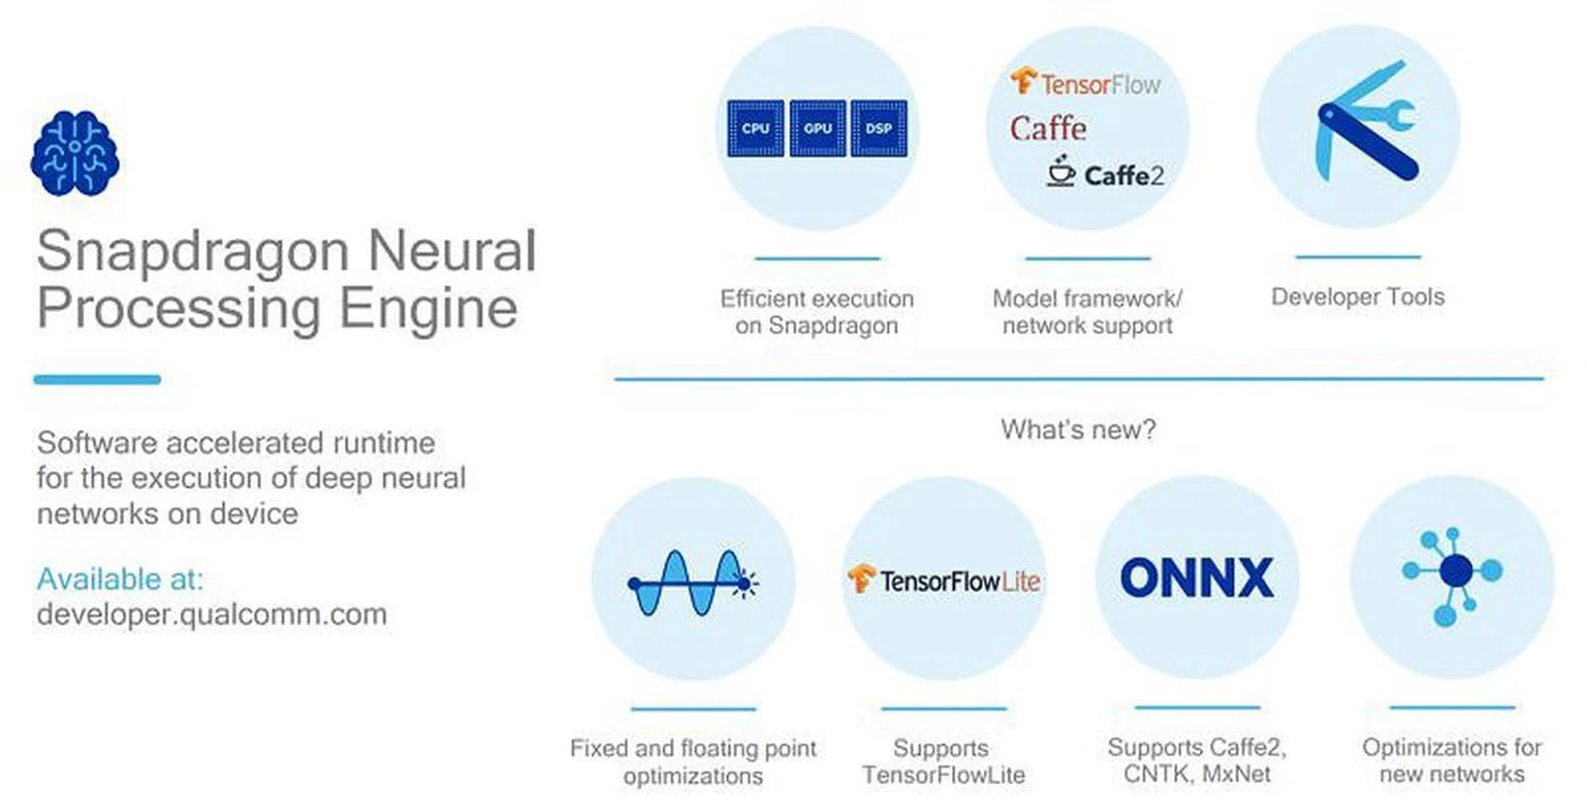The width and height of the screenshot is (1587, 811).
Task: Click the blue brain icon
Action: click(x=74, y=154)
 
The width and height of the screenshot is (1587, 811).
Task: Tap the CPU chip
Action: click(x=755, y=128)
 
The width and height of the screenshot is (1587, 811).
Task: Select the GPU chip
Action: click(x=817, y=128)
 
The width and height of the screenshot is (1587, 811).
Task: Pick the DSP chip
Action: click(x=879, y=128)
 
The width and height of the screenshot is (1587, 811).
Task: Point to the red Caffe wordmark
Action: click(x=1048, y=128)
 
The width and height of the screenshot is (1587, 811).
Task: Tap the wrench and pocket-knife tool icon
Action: click(x=1365, y=121)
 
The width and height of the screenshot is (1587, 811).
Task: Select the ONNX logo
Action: click(x=1197, y=577)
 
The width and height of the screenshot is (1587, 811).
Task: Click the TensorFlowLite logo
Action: click(x=944, y=580)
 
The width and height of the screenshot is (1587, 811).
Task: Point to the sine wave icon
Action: click(x=693, y=584)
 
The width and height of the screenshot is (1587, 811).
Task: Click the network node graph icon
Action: click(x=1452, y=576)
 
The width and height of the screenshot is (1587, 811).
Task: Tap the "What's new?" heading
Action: click(x=1078, y=429)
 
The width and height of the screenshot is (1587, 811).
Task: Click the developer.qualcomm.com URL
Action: click(x=212, y=615)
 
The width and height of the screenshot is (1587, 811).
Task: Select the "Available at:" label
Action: click(x=120, y=579)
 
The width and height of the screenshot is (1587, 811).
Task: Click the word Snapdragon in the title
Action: click(x=193, y=251)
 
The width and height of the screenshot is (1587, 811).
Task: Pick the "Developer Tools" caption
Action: click(x=1358, y=297)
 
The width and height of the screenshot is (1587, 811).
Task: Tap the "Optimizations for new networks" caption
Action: click(x=1452, y=761)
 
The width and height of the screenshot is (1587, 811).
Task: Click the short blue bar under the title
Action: click(x=97, y=379)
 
